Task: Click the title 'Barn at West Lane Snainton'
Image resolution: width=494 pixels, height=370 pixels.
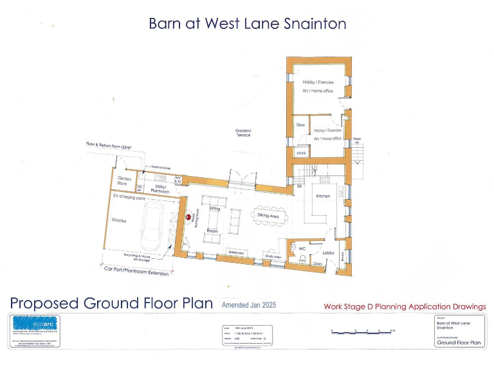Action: [247, 24]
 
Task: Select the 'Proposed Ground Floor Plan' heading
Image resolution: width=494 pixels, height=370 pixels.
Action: [111, 303]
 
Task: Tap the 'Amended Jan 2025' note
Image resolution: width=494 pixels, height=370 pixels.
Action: [248, 305]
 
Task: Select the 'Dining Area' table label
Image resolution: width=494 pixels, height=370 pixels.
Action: [268, 216]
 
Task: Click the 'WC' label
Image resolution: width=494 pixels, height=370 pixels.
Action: [302, 247]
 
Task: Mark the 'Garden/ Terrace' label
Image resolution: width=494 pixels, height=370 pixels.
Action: [242, 133]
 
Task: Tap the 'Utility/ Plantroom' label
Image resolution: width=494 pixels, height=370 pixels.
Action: [160, 189]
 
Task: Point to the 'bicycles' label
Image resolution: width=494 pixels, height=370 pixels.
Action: [120, 220]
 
